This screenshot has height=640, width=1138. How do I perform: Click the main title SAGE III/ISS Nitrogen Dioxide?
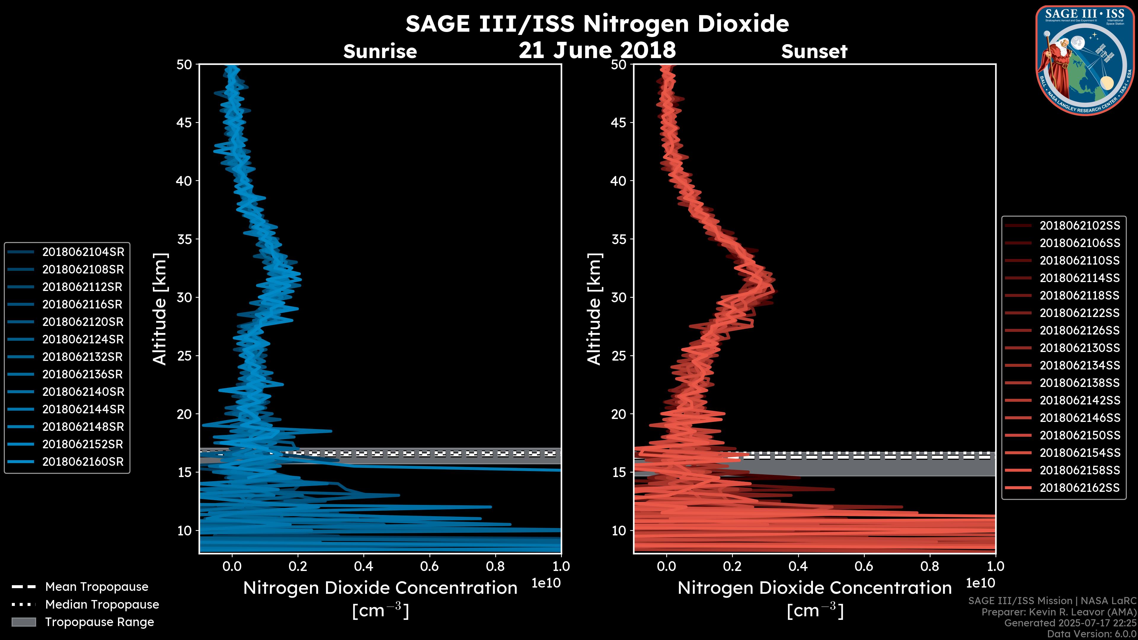(597, 24)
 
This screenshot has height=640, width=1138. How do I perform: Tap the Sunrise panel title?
(380, 52)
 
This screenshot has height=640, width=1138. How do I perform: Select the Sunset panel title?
(814, 52)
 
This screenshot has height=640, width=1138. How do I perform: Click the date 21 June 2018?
(597, 50)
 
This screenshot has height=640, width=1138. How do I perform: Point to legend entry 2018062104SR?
(83, 252)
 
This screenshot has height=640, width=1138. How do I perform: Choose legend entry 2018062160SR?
(83, 462)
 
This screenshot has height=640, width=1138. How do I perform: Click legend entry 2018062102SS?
(1079, 226)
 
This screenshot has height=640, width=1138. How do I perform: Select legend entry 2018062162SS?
(1079, 488)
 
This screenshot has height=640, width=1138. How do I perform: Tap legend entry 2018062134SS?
(1079, 365)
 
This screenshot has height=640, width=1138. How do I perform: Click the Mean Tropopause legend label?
(97, 587)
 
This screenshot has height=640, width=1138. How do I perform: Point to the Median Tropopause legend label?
(102, 604)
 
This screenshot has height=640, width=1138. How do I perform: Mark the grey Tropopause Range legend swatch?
(24, 622)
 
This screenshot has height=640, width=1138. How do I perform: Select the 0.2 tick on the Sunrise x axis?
(298, 566)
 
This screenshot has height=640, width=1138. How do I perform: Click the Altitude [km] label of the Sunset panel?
(594, 309)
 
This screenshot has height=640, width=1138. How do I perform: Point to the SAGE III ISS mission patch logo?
(1085, 60)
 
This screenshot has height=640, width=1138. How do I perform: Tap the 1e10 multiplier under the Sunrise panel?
(546, 583)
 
